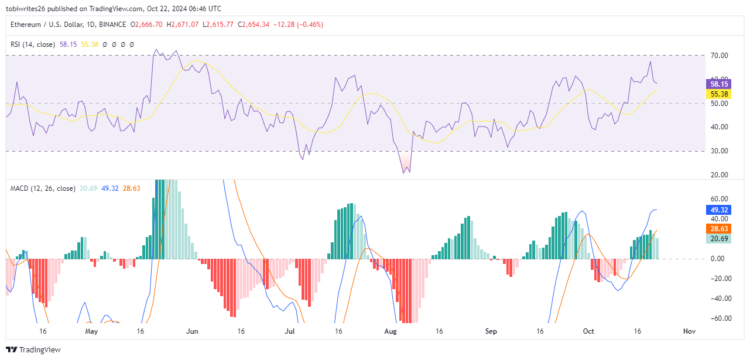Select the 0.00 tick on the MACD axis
pos(717,259)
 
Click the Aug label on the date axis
pos(391,331)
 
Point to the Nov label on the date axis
pos(689,331)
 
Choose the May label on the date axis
pos(91,331)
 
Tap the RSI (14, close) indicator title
pos(33,44)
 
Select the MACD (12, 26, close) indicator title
pos(42,188)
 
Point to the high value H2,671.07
pos(182,25)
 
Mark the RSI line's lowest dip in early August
pos(404,173)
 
